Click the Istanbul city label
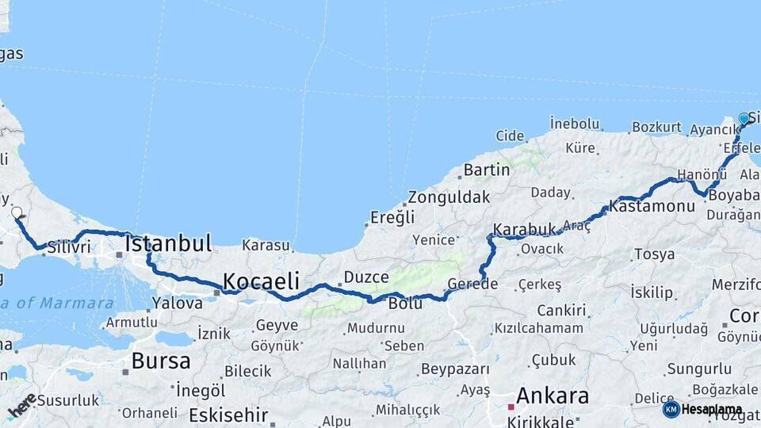point(168,243)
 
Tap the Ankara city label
point(553,396)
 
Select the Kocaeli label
point(261,281)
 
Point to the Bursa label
point(161,361)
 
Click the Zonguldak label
point(449,197)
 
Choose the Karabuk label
point(525,230)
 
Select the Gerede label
point(472,284)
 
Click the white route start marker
point(17,212)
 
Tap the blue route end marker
point(744,119)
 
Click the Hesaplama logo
point(702,410)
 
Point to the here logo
point(21,405)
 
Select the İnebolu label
point(575,123)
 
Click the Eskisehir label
point(228,415)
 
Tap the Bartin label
point(487,170)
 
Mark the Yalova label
point(178,302)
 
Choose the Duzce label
point(366,277)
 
